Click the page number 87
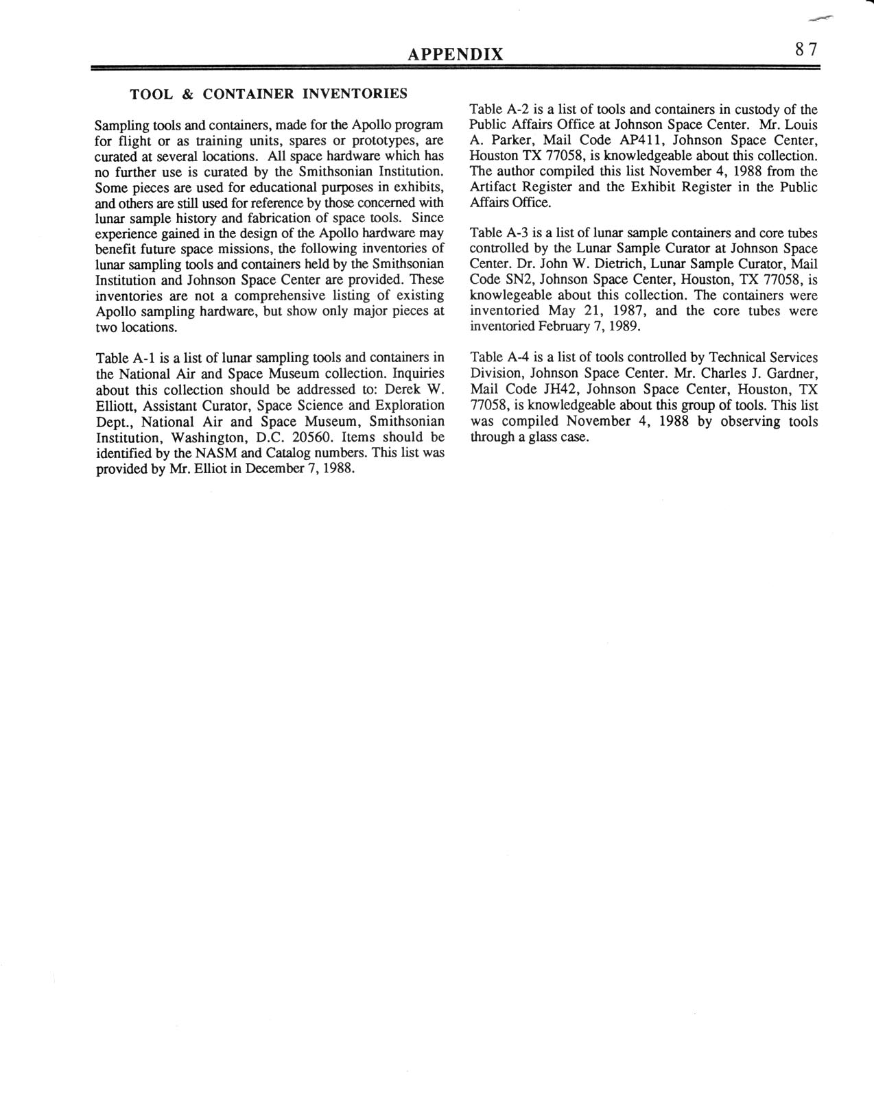click(x=806, y=49)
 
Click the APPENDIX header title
click(x=455, y=54)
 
